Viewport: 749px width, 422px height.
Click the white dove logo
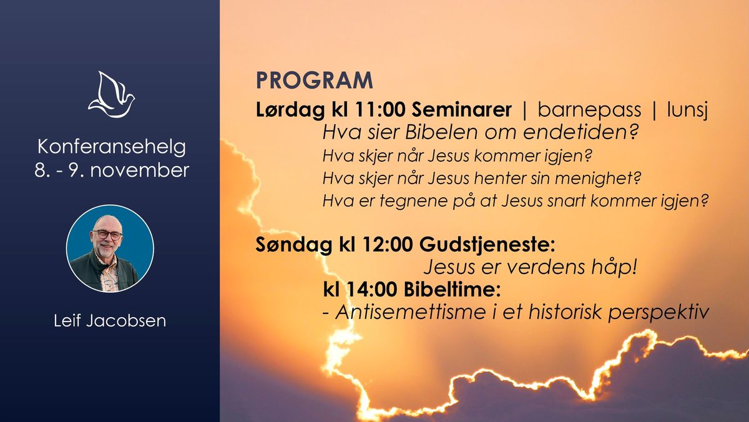[111, 95]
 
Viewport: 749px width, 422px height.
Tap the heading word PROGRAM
[314, 81]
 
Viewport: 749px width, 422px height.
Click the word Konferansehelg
[112, 147]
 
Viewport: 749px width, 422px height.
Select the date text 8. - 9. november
[112, 170]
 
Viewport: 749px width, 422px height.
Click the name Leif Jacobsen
[110, 321]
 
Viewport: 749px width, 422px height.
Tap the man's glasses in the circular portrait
[107, 235]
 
